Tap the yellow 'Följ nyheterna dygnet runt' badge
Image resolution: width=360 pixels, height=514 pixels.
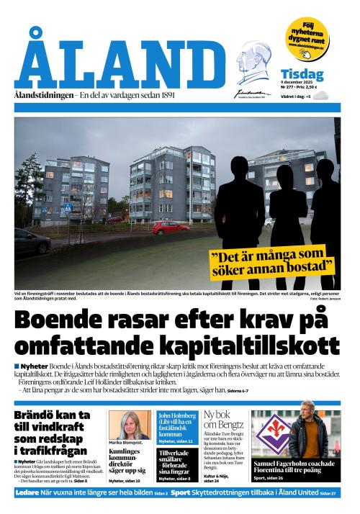(307, 35)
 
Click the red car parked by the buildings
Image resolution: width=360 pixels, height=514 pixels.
(170, 227)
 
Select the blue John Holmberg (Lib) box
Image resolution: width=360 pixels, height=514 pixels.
(176, 425)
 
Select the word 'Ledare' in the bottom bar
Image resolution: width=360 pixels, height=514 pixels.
(27, 493)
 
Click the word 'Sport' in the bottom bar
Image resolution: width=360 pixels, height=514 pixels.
(181, 493)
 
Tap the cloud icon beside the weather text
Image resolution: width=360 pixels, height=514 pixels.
(321, 95)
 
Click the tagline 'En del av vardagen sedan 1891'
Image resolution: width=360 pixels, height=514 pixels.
(126, 96)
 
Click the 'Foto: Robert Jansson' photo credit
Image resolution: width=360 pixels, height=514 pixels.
(325, 298)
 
